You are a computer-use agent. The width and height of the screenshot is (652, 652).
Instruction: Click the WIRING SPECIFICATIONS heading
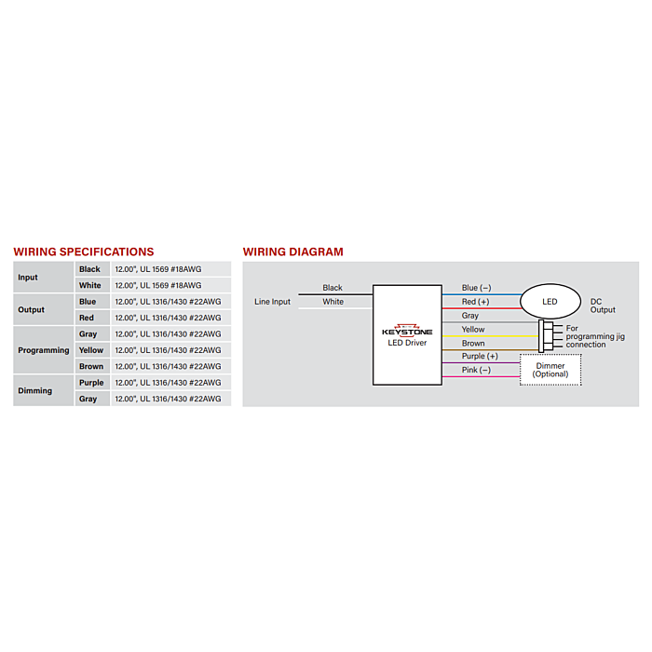click(x=84, y=252)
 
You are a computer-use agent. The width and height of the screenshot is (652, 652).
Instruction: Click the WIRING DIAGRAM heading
click(x=293, y=252)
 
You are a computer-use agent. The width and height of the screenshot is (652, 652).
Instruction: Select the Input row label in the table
click(x=28, y=278)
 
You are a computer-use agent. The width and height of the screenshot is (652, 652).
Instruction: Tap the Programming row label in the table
click(x=44, y=350)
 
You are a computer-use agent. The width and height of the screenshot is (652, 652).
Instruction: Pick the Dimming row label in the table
click(x=35, y=390)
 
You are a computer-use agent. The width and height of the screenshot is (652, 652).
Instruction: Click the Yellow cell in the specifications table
click(x=91, y=350)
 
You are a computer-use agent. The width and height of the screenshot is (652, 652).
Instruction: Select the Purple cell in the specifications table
click(x=91, y=383)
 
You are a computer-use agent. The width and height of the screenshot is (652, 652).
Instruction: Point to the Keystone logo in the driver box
click(x=407, y=331)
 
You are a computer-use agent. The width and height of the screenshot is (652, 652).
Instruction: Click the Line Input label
click(x=272, y=302)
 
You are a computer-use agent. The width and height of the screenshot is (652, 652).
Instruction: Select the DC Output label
click(x=603, y=306)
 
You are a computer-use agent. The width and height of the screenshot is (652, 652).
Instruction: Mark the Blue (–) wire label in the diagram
click(x=476, y=288)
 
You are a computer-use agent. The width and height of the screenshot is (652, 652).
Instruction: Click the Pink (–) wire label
click(x=476, y=370)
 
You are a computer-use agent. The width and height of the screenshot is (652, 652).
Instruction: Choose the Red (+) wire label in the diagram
click(x=475, y=302)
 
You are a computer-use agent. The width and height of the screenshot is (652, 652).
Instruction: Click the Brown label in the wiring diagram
click(x=473, y=343)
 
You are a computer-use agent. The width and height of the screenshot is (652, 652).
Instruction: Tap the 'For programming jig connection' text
click(x=595, y=336)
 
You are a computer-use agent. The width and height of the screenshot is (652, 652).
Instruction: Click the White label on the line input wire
click(x=333, y=302)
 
